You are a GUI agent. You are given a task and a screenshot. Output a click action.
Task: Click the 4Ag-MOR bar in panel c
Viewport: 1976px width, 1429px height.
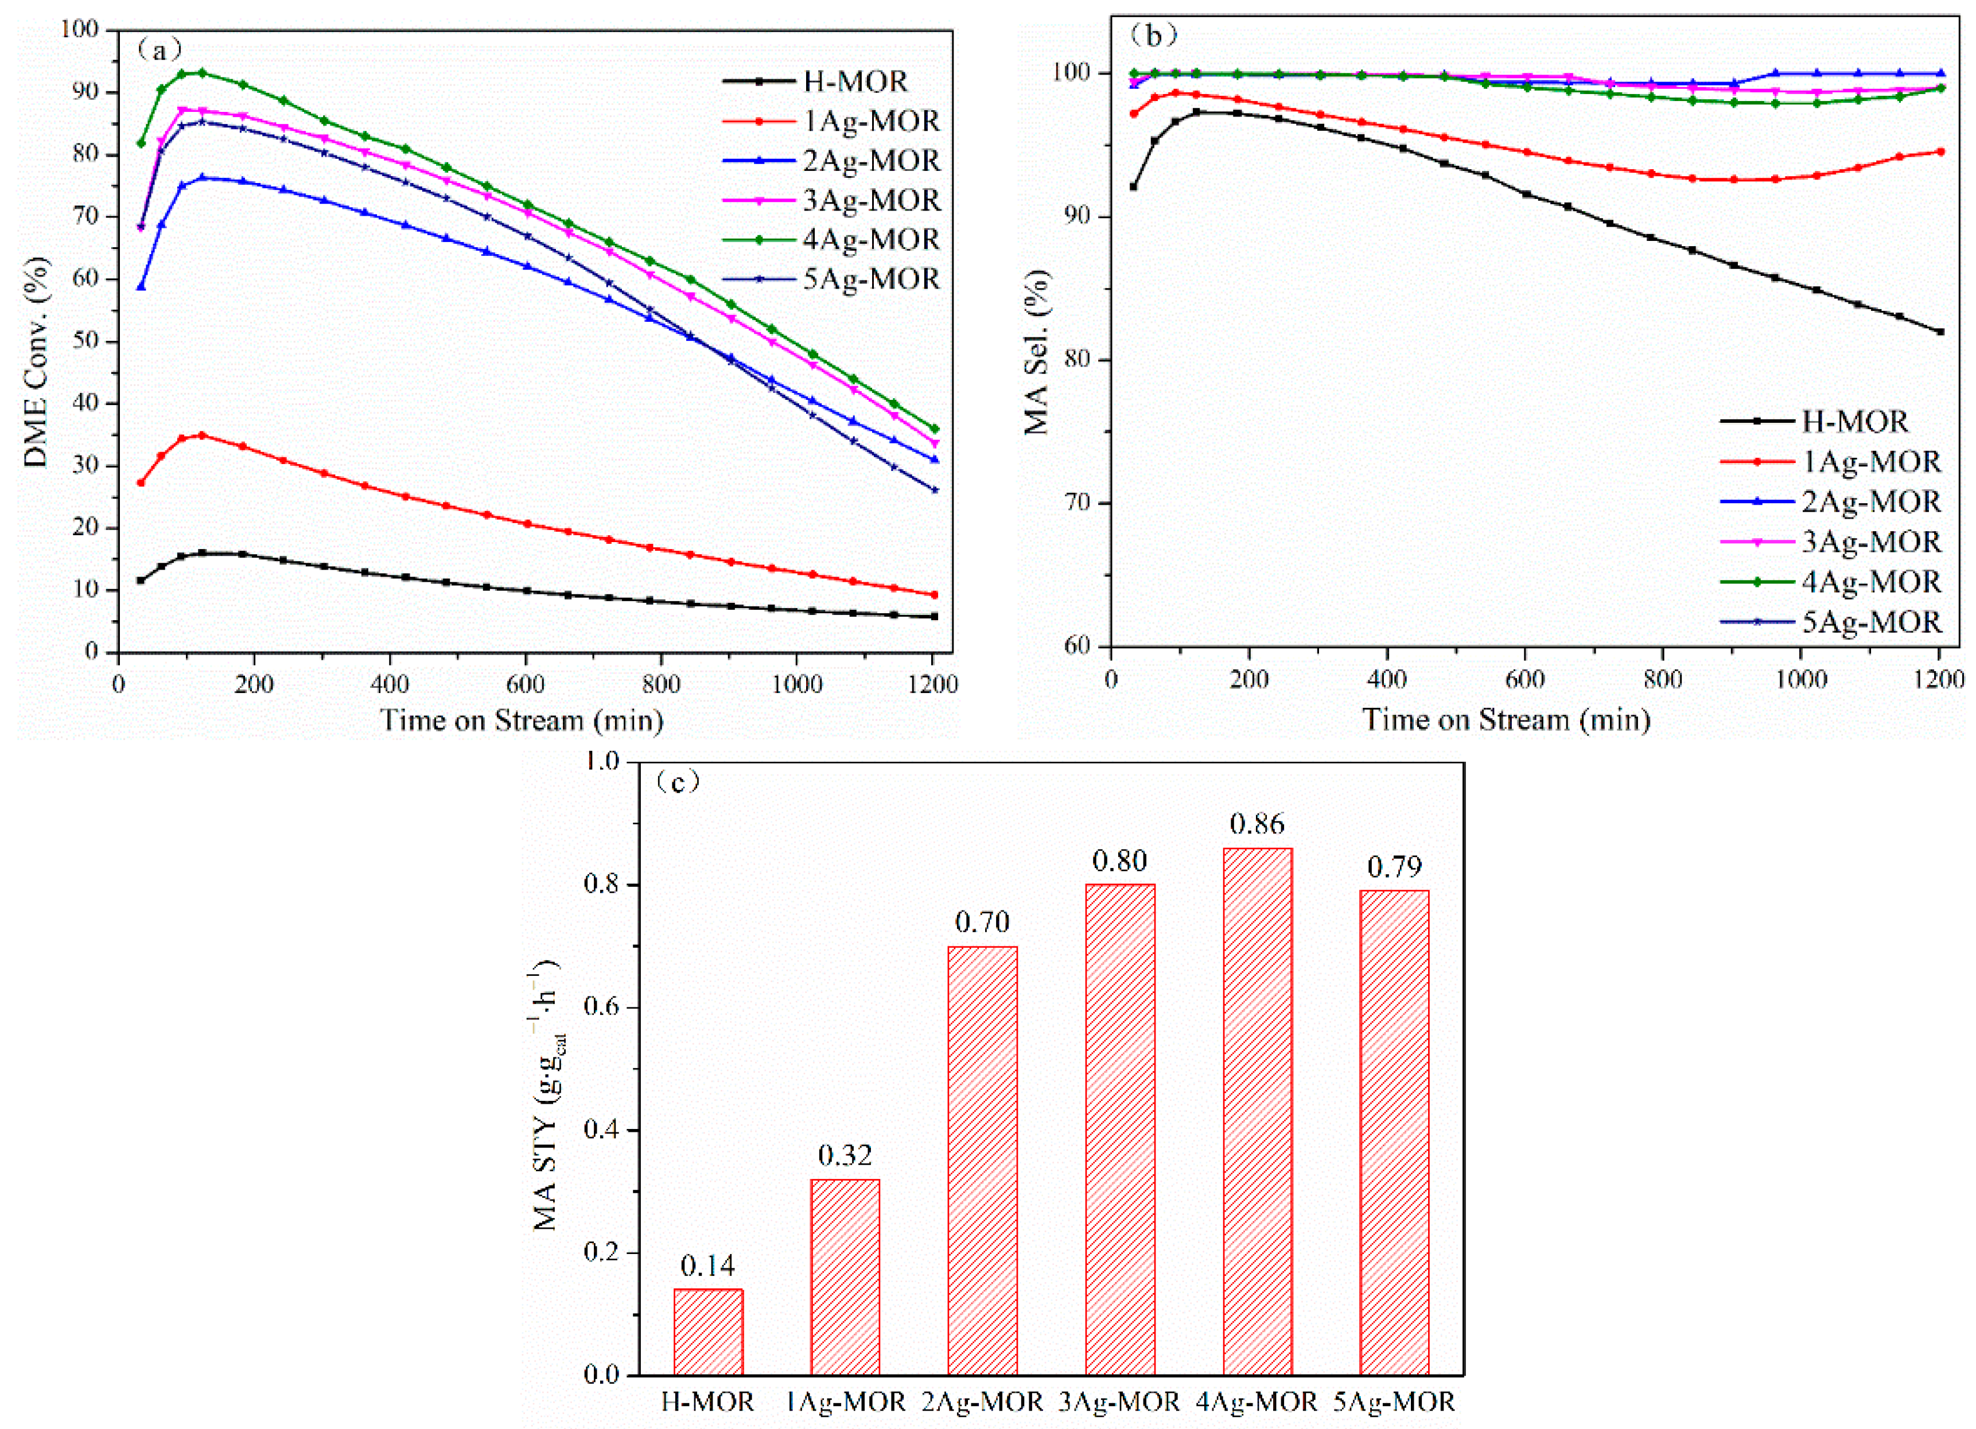(1257, 1111)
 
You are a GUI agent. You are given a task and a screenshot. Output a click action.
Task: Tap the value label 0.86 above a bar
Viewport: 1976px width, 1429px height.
(1257, 823)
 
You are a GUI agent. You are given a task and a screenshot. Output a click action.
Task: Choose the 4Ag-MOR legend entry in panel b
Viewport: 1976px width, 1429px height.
(1870, 581)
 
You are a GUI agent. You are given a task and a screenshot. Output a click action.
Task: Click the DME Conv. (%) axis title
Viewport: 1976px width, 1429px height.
(36, 361)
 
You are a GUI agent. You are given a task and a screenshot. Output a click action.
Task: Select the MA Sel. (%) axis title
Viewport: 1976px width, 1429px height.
(1036, 353)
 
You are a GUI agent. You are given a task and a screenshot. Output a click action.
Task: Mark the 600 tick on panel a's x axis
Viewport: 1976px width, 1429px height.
(526, 684)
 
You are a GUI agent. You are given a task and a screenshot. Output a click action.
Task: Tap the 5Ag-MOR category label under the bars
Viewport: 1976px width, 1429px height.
(1394, 1402)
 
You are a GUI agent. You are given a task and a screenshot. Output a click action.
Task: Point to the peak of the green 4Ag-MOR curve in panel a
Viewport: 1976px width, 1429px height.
(201, 72)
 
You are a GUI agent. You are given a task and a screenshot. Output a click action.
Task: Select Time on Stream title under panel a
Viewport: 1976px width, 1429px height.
(521, 721)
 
